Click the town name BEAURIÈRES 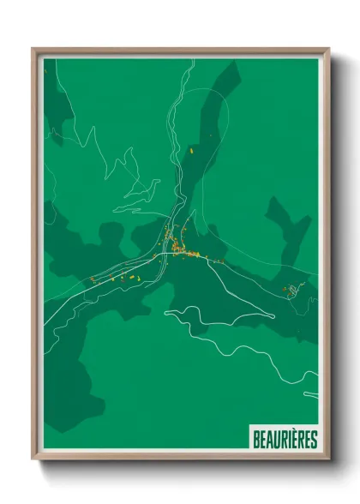[285, 440]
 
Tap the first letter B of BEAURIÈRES [255, 440]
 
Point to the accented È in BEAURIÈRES [297, 440]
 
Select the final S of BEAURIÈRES [314, 440]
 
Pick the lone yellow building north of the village [191, 151]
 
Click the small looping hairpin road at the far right [293, 291]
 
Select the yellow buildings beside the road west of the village [129, 278]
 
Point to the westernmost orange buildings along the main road [93, 279]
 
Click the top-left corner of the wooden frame [33, 49]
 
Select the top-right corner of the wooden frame [327, 49]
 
